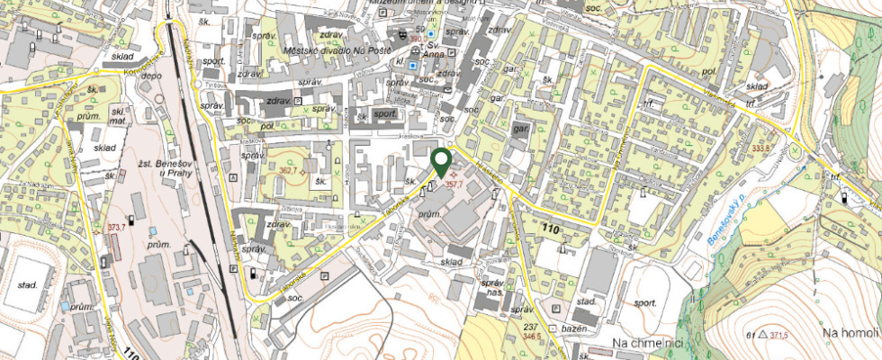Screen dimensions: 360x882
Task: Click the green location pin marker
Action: click(x=441, y=162)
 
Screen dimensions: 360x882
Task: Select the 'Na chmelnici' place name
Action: click(x=648, y=343)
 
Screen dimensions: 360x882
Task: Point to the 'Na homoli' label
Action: click(x=850, y=334)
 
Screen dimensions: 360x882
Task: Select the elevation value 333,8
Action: click(x=762, y=148)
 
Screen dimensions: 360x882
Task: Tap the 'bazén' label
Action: click(x=572, y=330)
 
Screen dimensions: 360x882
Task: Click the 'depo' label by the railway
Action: click(x=152, y=76)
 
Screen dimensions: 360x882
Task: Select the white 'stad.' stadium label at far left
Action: click(x=26, y=285)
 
